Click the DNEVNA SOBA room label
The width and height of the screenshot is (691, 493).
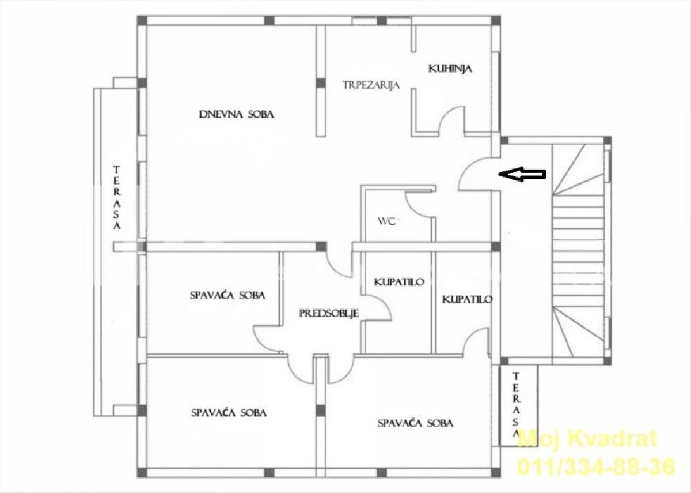[236, 114]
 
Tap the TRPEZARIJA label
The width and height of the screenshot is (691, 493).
[371, 85]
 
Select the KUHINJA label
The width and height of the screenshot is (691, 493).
[450, 69]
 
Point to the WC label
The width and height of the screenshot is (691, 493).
[387, 221]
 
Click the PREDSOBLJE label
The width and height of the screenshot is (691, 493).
[329, 314]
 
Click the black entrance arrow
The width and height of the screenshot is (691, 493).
[522, 174]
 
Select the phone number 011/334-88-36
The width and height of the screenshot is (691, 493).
[596, 466]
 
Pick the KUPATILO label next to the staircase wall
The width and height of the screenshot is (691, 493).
[467, 299]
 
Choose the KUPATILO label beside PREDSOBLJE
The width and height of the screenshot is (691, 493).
[399, 282]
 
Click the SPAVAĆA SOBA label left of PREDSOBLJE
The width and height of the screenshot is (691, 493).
[227, 295]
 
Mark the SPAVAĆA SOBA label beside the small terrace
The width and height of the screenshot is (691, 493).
[416, 423]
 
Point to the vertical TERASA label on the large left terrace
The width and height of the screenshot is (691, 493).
[116, 198]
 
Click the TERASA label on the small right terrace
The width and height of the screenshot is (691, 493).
[515, 405]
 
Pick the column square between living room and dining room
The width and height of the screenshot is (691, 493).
[321, 83]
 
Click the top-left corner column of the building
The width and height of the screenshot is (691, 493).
[142, 20]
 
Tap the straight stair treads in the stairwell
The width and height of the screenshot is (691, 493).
[578, 251]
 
